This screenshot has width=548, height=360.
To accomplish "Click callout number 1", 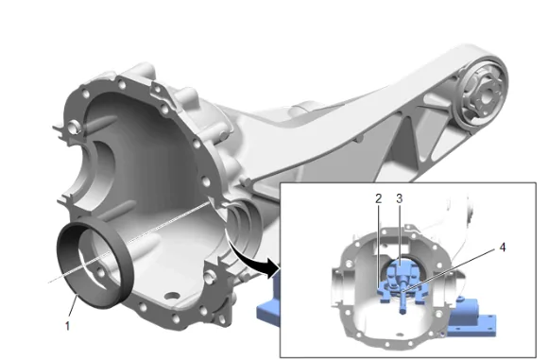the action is pyautogui.click(x=67, y=326).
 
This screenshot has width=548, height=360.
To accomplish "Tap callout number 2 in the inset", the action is pyautogui.click(x=379, y=198).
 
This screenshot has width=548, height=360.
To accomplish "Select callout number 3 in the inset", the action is pyautogui.click(x=399, y=198).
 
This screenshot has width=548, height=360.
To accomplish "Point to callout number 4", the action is pyautogui.click(x=503, y=248).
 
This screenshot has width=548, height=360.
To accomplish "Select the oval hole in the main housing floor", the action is pyautogui.click(x=172, y=296).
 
